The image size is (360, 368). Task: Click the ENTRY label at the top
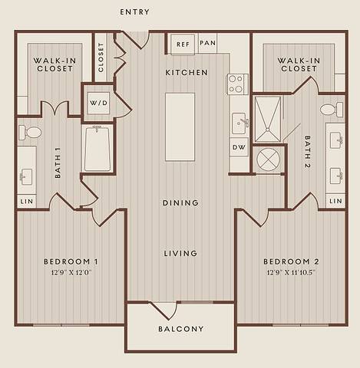135,12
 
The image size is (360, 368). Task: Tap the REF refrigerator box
183,44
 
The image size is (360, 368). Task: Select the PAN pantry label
207,44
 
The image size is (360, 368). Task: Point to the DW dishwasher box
239,146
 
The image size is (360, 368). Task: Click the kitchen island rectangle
180,127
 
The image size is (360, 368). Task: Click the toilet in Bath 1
31,133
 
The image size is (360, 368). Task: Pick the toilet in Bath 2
331,109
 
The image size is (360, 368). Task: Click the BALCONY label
180,330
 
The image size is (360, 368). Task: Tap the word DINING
180,203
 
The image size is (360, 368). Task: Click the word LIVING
180,254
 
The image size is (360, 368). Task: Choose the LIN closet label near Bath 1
26,200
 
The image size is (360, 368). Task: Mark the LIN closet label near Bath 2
335,200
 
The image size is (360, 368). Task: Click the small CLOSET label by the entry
101,55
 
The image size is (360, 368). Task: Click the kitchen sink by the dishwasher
239,122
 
